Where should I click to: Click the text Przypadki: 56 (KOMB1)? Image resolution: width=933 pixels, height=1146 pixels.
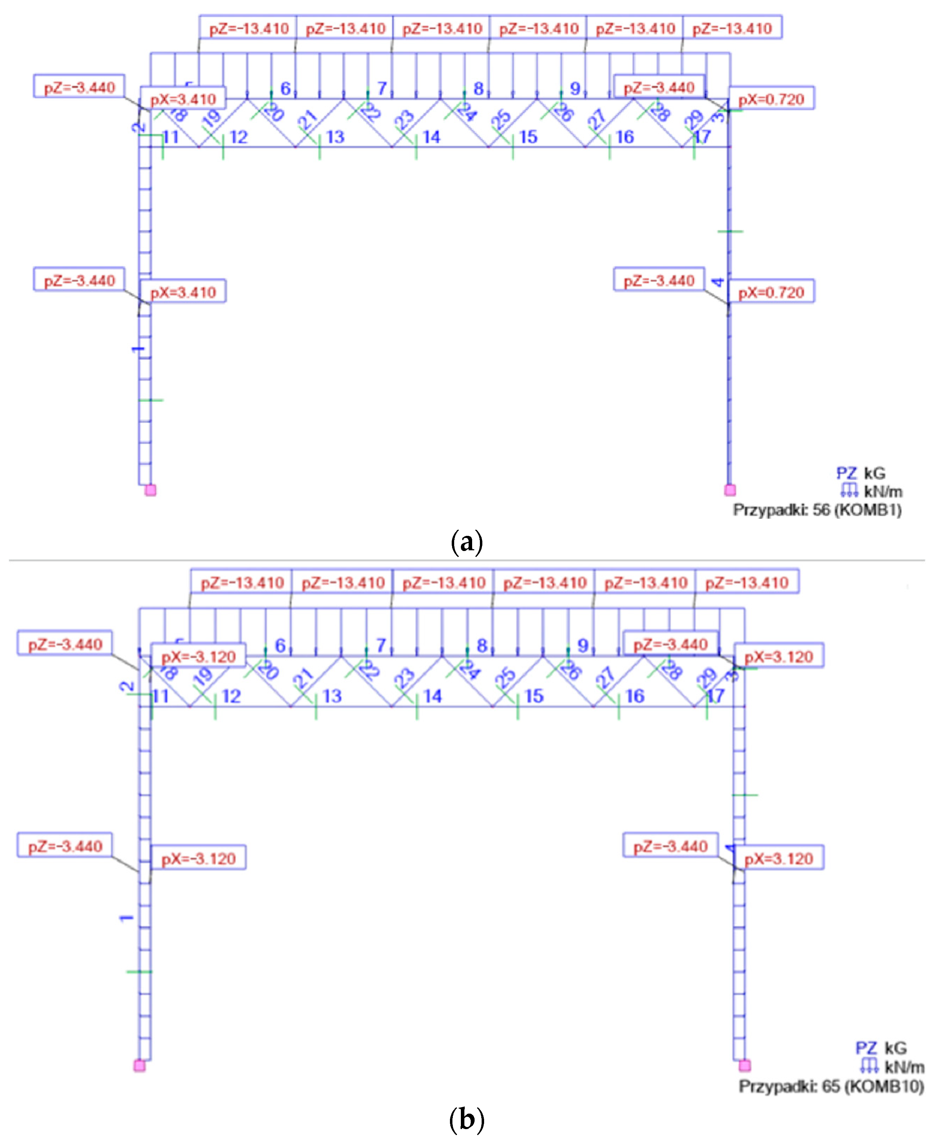coord(817,509)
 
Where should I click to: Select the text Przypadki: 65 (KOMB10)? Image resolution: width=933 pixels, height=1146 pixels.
coord(831,1086)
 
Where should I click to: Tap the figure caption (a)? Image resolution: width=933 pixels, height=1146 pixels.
coord(466,542)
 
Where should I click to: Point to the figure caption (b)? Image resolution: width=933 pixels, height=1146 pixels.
coord(466,1120)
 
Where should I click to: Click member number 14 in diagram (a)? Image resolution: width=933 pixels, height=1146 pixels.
coord(431,137)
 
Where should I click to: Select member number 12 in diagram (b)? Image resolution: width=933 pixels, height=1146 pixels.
coord(231,696)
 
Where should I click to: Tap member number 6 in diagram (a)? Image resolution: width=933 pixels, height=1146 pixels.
coord(286,89)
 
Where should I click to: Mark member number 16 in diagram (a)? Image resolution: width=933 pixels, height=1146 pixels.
coord(625,137)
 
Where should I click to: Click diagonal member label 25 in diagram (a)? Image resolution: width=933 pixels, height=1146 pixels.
coord(501,119)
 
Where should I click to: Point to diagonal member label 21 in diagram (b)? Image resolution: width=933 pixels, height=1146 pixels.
coord(303,678)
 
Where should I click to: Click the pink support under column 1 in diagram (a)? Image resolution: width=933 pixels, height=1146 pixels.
coord(150,490)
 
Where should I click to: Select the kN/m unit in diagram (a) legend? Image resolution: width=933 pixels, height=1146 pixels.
coord(883,491)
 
